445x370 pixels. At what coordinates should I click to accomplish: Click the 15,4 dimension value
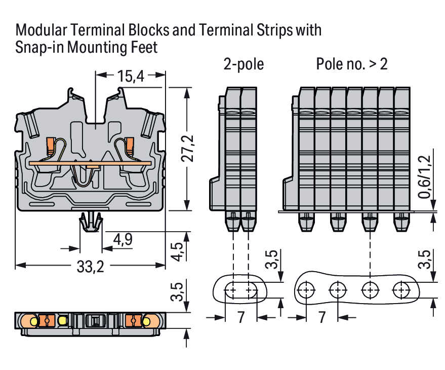pos(131,77)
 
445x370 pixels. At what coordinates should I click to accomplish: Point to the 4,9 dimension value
pos(123,239)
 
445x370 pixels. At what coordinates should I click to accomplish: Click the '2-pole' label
pos(244,64)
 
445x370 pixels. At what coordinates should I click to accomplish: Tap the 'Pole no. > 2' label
pos(352,64)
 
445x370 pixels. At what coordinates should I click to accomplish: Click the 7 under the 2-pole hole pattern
pos(240,318)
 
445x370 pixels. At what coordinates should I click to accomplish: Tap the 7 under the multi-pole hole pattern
pos(321,318)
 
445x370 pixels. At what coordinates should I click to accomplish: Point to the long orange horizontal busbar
pos(90,163)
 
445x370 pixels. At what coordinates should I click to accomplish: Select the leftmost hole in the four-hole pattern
pos(305,290)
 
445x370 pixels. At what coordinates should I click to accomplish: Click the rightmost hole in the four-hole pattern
pos(402,290)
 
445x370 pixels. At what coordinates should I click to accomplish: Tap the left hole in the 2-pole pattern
pos(231,290)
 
